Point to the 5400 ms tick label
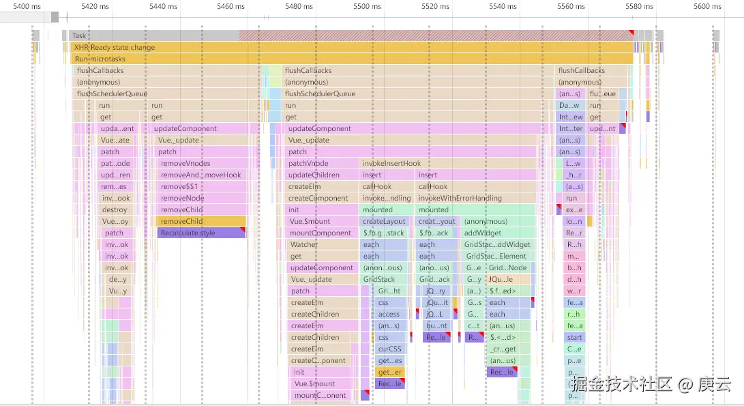tap(27, 6)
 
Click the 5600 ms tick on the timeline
tap(707, 6)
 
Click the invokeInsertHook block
tap(391, 163)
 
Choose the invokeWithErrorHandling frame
tap(460, 198)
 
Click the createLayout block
tap(384, 221)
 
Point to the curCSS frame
tap(389, 349)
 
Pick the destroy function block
tap(115, 209)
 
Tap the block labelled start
tap(574, 337)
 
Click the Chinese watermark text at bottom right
tap(651, 384)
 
